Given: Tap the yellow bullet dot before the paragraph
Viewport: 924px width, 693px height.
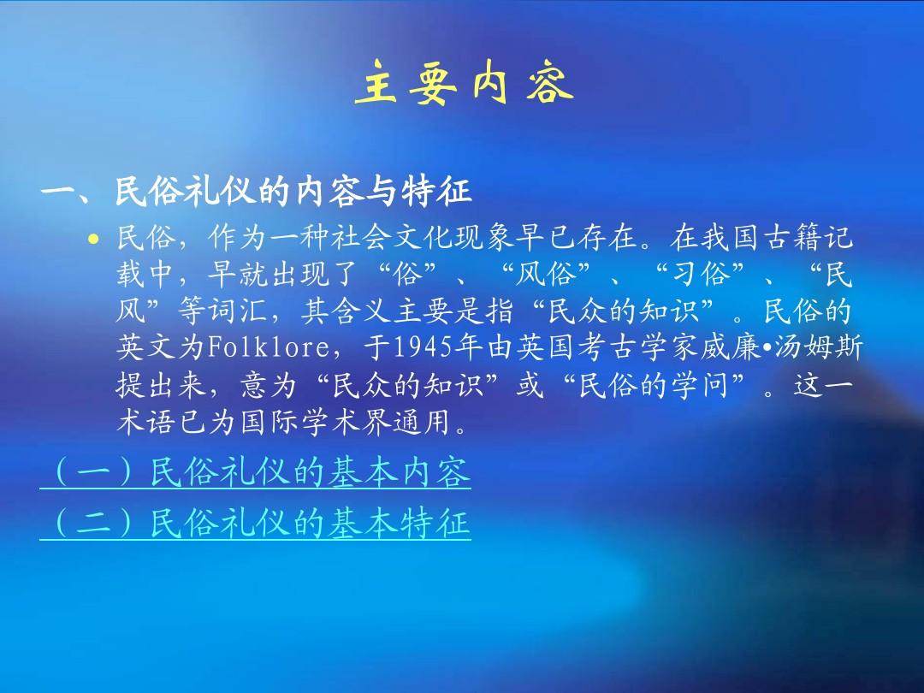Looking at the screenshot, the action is click(93, 239).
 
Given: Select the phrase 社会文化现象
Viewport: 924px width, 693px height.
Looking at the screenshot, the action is click(423, 238).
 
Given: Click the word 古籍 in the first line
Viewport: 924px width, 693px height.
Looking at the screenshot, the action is click(793, 238).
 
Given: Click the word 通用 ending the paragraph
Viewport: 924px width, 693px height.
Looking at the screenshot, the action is click(423, 421).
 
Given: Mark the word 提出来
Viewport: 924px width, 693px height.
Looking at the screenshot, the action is click(162, 385).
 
